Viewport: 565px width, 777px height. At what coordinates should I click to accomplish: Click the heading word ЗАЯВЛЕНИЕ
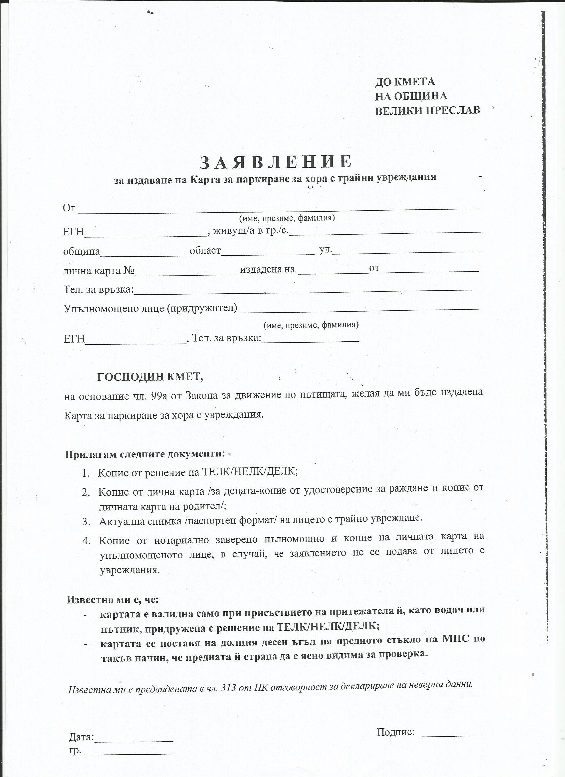[276, 162]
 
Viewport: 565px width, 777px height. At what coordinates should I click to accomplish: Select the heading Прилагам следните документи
[145, 454]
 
